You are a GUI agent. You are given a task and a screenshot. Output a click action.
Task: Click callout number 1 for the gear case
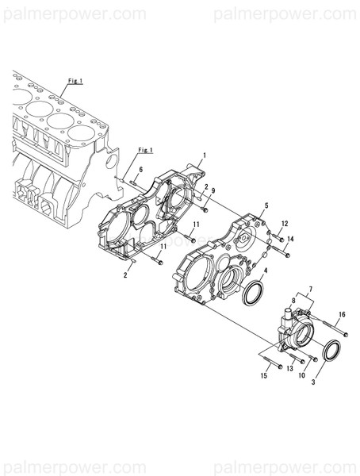click(x=204, y=155)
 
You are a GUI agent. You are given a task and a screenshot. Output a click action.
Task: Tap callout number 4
click(x=265, y=271)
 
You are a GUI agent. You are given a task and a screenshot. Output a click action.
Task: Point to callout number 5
click(x=266, y=205)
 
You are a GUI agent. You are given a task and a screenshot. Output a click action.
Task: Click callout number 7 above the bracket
click(x=310, y=290)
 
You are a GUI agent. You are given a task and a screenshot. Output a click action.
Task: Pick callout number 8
click(x=294, y=301)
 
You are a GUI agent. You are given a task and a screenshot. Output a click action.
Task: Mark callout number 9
click(x=213, y=191)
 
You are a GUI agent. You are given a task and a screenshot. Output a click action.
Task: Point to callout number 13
click(x=290, y=369)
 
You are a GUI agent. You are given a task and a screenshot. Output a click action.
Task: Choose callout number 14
click(x=291, y=239)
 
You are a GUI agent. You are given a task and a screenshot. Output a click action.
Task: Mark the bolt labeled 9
click(x=205, y=209)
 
